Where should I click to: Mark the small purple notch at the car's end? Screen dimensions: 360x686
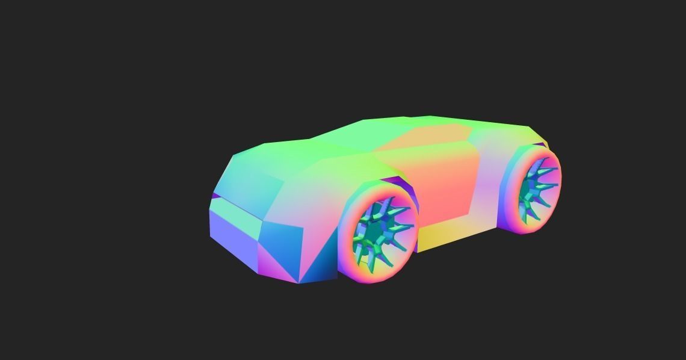click(x=215, y=196)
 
